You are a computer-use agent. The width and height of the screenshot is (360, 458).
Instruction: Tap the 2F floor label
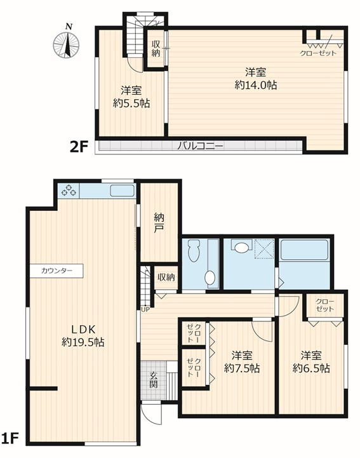pyautogui.click(x=79, y=147)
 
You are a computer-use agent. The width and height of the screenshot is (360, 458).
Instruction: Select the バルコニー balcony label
pyautogui.click(x=200, y=145)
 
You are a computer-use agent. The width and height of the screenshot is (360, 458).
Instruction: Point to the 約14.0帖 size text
pyautogui.click(x=256, y=85)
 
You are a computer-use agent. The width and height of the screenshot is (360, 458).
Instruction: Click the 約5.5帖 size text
pyautogui.click(x=131, y=103)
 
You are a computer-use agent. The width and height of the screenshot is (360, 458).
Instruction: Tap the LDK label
pyautogui.click(x=84, y=330)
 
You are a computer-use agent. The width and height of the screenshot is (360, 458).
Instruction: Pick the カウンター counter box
pyautogui.click(x=57, y=271)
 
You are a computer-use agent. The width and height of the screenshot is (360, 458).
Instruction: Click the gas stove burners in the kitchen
pyautogui.click(x=69, y=191)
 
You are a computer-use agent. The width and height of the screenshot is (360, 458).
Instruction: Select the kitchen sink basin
pyautogui.click(x=122, y=191)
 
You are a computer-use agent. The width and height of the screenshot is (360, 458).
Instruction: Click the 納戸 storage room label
pyautogui.click(x=159, y=223)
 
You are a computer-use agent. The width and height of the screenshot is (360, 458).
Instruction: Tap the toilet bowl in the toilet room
pyautogui.click(x=194, y=251)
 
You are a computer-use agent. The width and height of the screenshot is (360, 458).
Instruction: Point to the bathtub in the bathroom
pyautogui.click(x=304, y=250)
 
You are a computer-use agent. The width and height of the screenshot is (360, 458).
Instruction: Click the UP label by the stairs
pyautogui.click(x=145, y=309)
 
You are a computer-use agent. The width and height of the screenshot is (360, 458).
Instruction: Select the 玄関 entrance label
pyautogui.click(x=154, y=379)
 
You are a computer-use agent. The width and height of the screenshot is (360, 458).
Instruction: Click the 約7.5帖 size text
pyautogui.click(x=242, y=368)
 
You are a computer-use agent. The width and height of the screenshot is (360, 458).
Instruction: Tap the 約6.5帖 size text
pyautogui.click(x=312, y=368)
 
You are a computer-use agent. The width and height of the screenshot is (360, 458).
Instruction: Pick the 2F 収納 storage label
pyautogui.click(x=156, y=49)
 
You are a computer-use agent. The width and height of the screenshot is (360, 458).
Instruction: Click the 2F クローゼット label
pyautogui.click(x=318, y=53)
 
